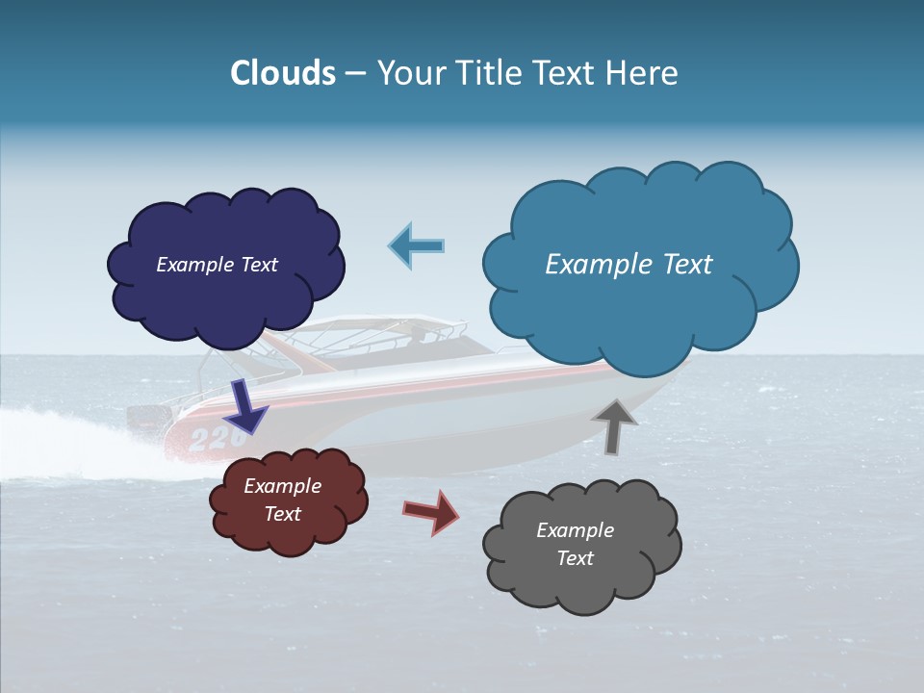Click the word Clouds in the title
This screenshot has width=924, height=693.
[283, 73]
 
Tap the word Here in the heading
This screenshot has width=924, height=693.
[642, 73]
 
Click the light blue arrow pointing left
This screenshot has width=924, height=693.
[416, 245]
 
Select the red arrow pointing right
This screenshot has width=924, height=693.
[431, 511]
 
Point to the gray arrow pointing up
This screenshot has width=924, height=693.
[614, 425]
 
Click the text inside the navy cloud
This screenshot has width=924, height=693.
[217, 265]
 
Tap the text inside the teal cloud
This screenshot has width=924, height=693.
[629, 265]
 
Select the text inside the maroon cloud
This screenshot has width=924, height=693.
[282, 500]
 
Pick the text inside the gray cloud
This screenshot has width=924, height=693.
[575, 544]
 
